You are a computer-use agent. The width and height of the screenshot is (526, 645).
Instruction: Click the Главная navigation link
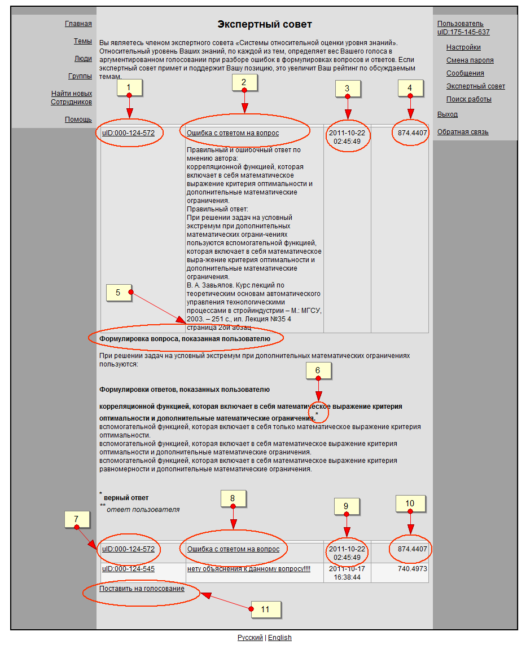coord(78,24)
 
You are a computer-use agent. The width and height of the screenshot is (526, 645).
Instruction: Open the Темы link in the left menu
coord(82,41)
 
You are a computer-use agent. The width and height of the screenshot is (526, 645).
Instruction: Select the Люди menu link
coord(83,59)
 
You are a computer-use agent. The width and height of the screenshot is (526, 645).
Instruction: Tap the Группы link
coord(80,76)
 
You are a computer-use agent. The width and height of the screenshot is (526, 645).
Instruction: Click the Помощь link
coord(78,120)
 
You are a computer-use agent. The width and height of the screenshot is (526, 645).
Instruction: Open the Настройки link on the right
coord(463,47)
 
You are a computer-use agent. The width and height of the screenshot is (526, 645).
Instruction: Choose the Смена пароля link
coord(470,60)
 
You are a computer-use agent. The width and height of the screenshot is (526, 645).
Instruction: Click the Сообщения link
coord(465,73)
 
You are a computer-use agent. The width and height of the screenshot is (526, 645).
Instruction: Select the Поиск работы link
coord(468,99)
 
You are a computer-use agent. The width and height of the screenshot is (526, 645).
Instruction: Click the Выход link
coord(448,114)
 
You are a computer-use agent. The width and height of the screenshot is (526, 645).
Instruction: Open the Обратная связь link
coord(463,132)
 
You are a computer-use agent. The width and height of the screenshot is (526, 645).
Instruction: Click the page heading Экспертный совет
coord(264,24)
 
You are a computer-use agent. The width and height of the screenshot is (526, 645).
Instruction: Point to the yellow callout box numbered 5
coord(119,293)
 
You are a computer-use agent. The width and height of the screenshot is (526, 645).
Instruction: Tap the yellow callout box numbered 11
coord(265,609)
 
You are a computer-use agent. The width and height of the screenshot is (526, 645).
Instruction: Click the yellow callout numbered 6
coord(318,370)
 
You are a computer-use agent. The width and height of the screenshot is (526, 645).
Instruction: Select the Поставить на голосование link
coord(142,589)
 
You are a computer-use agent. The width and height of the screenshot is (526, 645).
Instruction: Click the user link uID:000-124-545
coord(128,569)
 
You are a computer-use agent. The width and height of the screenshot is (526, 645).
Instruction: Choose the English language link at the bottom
coord(279,638)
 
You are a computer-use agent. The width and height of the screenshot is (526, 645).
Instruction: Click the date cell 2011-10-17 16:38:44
coord(347,573)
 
